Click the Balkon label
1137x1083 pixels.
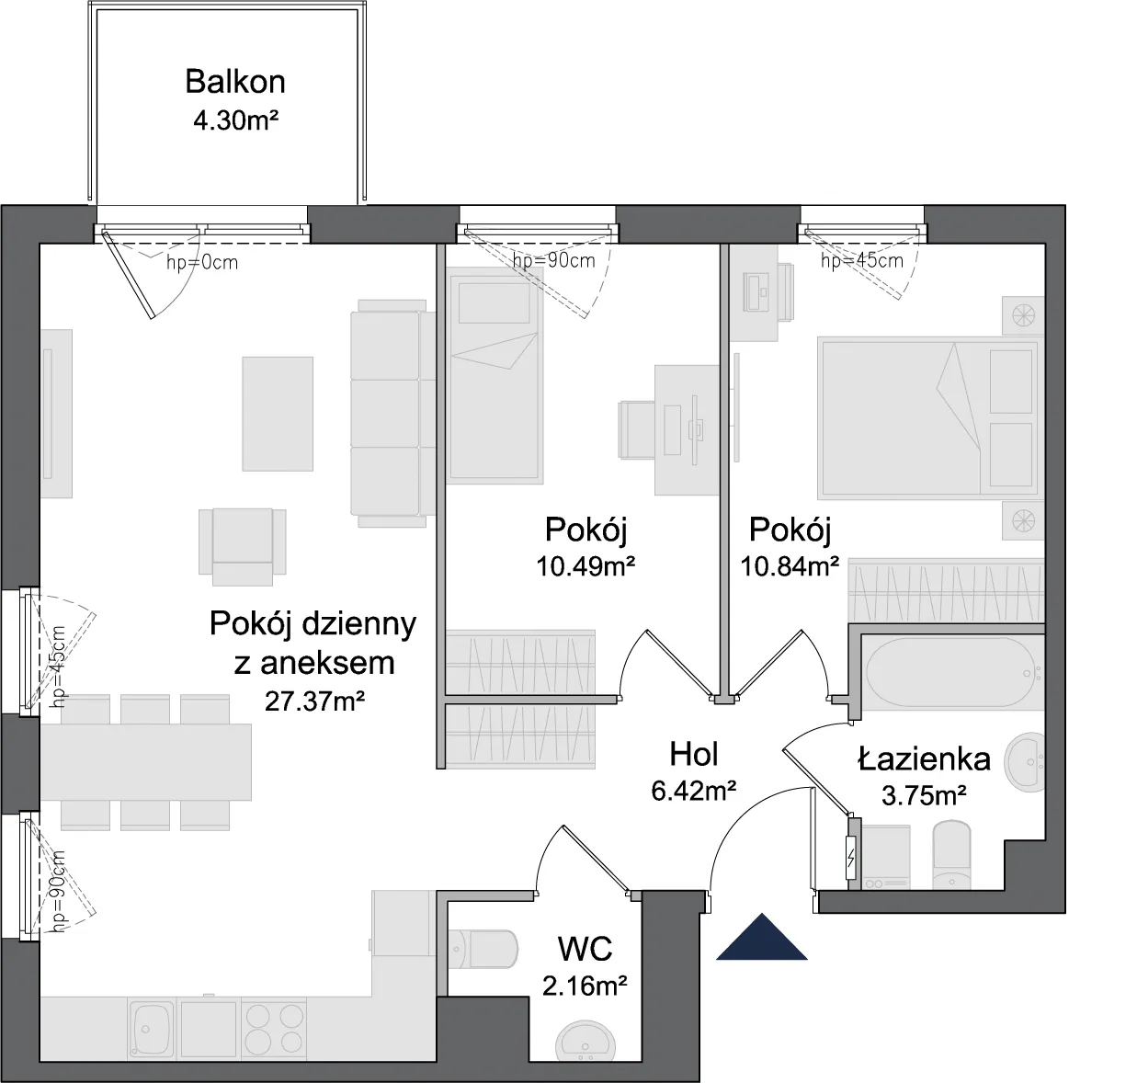tap(235, 82)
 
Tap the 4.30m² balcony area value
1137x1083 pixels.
tap(236, 121)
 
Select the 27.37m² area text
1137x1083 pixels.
tap(314, 701)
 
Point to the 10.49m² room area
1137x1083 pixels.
tap(586, 566)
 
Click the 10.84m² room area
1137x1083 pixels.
tap(790, 566)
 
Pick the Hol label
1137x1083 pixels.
tap(694, 755)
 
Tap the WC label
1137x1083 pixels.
tap(586, 949)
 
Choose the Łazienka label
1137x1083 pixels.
tap(924, 759)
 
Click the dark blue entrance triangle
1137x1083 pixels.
tap(762, 937)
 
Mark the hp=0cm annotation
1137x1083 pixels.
tap(202, 263)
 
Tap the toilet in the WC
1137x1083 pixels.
tap(483, 949)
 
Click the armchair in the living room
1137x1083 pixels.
tap(243, 547)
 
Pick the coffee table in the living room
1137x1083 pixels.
tap(278, 414)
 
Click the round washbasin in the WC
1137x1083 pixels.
tap(585, 1043)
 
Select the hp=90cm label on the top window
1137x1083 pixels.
tap(554, 261)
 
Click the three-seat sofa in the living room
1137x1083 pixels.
tap(393, 413)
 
